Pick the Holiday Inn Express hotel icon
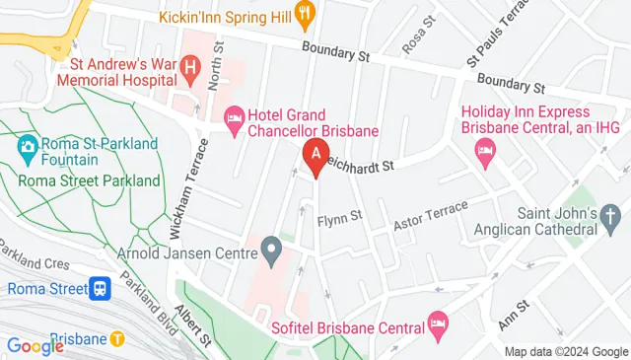click(484, 149)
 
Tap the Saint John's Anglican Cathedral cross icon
click(610, 215)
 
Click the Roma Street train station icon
click(100, 289)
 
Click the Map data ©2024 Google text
click(565, 352)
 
